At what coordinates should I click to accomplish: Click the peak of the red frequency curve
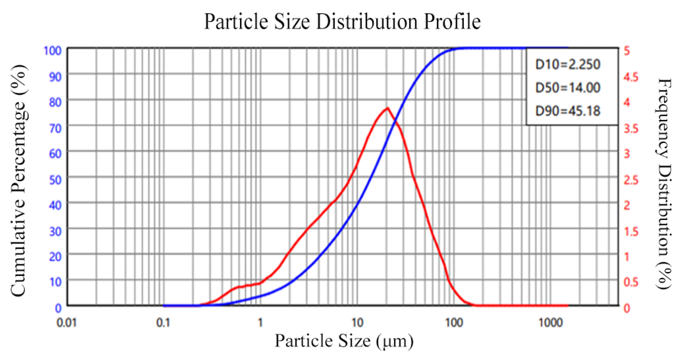(x=387, y=108)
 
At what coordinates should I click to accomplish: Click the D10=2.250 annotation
(x=568, y=64)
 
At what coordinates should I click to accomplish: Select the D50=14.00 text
(x=568, y=88)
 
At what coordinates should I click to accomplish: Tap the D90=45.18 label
(x=568, y=111)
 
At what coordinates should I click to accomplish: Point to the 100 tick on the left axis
(x=52, y=50)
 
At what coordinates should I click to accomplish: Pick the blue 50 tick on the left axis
(x=55, y=180)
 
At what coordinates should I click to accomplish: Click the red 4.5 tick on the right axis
(x=631, y=77)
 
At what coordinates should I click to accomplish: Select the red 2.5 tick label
(x=631, y=180)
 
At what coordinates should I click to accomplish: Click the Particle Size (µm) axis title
(x=344, y=341)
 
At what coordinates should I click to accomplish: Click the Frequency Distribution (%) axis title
(x=664, y=183)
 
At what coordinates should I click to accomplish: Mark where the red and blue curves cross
(x=395, y=122)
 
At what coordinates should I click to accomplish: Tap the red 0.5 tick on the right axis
(x=631, y=282)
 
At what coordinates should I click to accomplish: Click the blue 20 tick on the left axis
(x=55, y=257)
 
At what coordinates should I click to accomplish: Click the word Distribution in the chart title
(x=367, y=22)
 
